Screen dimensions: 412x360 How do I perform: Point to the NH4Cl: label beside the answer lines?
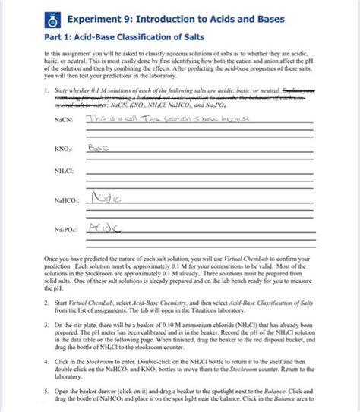tap(64, 172)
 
